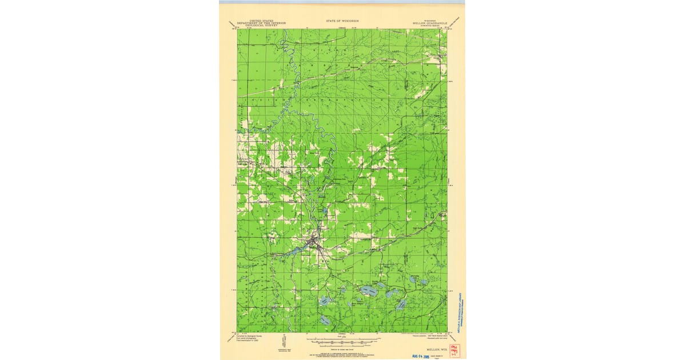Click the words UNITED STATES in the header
click(x=261, y=21)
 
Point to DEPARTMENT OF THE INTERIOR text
click(x=261, y=23)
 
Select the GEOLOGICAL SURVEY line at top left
click(x=261, y=26)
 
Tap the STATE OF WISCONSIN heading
click(x=342, y=21)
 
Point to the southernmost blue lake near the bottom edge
click(x=325, y=321)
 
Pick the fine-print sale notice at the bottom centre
click(x=342, y=355)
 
